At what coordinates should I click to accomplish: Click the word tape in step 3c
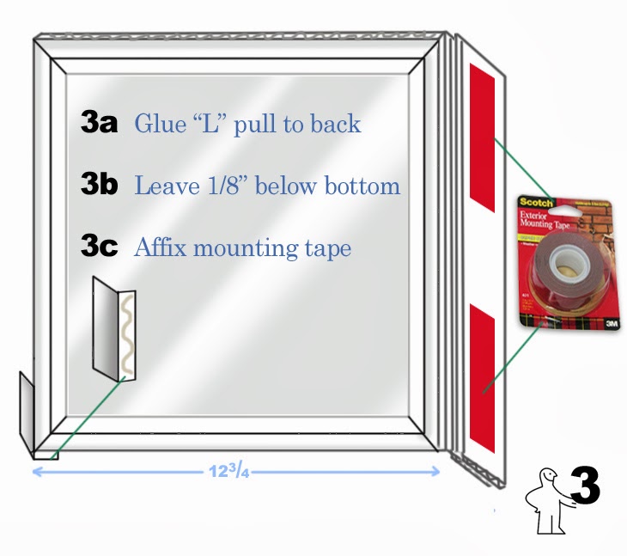click(x=327, y=249)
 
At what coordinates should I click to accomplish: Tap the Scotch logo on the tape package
click(x=536, y=205)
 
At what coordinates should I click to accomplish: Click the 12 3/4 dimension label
click(x=231, y=470)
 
